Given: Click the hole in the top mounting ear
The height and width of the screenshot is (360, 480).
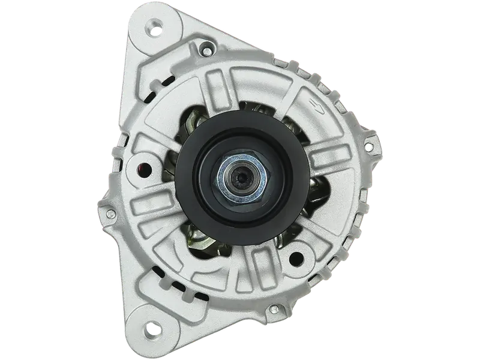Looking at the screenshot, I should click(157, 26).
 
